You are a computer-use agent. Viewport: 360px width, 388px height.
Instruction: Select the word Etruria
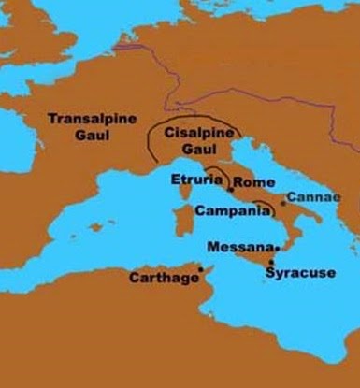(196, 180)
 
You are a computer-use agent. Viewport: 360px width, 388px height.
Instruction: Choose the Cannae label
(309, 198)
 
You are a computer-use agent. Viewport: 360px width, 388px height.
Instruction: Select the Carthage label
(162, 279)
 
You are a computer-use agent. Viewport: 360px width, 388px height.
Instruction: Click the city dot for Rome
(230, 189)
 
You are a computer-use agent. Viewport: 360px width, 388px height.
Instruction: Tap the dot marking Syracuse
(270, 262)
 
